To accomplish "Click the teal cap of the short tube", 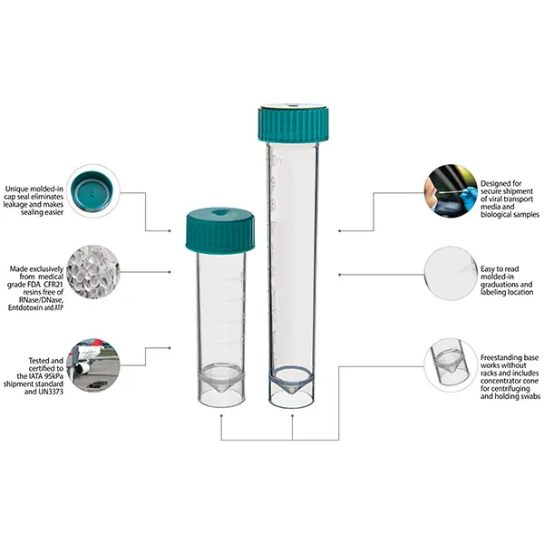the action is click(x=220, y=230).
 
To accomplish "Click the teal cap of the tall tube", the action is click(x=293, y=123).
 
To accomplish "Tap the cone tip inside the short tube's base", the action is click(x=221, y=391).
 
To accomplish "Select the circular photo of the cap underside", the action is click(x=93, y=191).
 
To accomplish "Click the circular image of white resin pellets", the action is click(x=93, y=272).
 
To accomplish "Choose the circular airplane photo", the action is click(x=93, y=365).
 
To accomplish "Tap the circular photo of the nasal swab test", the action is click(x=451, y=191).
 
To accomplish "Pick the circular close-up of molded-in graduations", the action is click(x=451, y=273).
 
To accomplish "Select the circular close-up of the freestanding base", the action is click(x=451, y=365).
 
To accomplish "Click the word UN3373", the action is click(x=50, y=392).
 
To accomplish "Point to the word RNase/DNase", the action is click(x=44, y=300).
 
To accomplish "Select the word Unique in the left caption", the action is click(x=16, y=189).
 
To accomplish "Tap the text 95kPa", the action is click(x=51, y=376).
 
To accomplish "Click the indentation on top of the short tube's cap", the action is click(x=221, y=212).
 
